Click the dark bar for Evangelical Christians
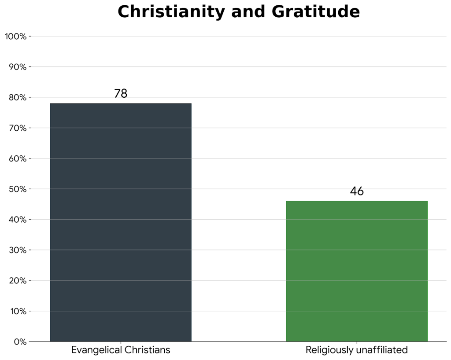click(x=121, y=222)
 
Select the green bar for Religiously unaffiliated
click(x=357, y=271)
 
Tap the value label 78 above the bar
click(x=121, y=94)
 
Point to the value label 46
click(x=357, y=191)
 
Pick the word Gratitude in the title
click(x=316, y=12)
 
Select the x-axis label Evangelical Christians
click(x=121, y=350)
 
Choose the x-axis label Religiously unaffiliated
click(x=357, y=350)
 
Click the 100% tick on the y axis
click(x=15, y=37)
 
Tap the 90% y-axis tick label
click(x=18, y=67)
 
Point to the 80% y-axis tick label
click(x=18, y=97)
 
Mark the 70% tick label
click(x=18, y=128)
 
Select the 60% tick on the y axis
click(x=18, y=158)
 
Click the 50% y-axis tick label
click(x=18, y=189)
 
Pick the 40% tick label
click(x=18, y=220)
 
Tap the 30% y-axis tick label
click(x=18, y=250)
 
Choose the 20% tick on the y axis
click(x=18, y=281)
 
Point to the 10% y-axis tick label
click(x=18, y=311)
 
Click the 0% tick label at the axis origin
click(x=20, y=342)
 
